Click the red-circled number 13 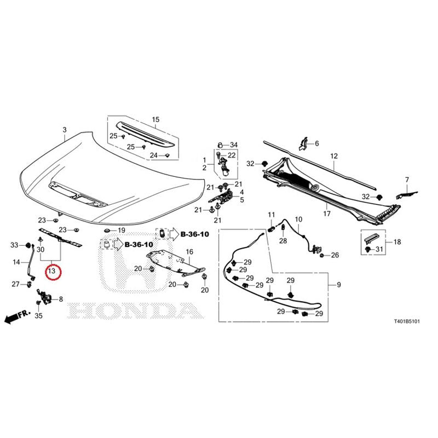click(x=52, y=270)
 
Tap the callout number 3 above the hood click(x=65, y=130)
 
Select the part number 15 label click(x=155, y=119)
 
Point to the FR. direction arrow click(x=18, y=316)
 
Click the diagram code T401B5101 click(x=407, y=321)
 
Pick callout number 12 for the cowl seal click(x=334, y=156)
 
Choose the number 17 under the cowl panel click(x=327, y=214)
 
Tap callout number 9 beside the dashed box click(x=339, y=285)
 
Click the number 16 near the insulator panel click(x=189, y=252)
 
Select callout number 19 click(x=122, y=230)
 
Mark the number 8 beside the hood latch click(x=61, y=299)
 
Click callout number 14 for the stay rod click(x=16, y=262)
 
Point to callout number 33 click(x=14, y=245)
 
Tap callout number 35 click(x=38, y=316)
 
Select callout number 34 click(x=234, y=145)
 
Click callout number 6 click(x=317, y=143)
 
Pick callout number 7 click(x=407, y=180)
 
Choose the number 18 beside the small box click(x=397, y=242)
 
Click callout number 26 click(x=335, y=255)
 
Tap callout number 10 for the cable click(x=298, y=220)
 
